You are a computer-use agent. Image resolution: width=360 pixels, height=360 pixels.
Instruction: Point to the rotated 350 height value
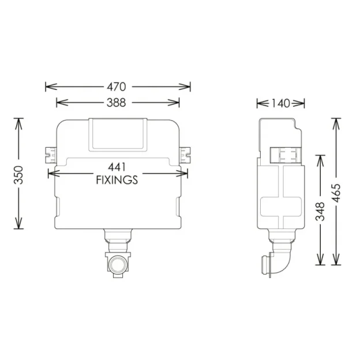tap(18, 174)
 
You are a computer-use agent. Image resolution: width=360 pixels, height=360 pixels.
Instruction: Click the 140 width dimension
tap(280, 103)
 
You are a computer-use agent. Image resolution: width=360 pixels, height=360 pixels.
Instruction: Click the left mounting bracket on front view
tap(50, 153)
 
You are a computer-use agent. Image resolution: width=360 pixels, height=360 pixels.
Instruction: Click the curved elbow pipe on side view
tap(281, 260)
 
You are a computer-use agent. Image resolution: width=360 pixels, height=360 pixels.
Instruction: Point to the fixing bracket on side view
tap(286, 155)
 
